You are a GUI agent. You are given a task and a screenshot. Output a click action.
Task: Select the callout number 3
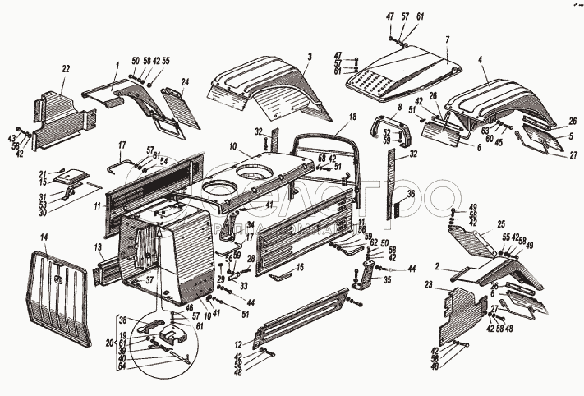(x=309, y=57)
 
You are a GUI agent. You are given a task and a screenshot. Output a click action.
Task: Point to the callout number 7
(x=448, y=39)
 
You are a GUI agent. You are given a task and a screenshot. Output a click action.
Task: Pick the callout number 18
(x=353, y=117)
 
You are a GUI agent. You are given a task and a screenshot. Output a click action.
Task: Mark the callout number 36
(x=412, y=194)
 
